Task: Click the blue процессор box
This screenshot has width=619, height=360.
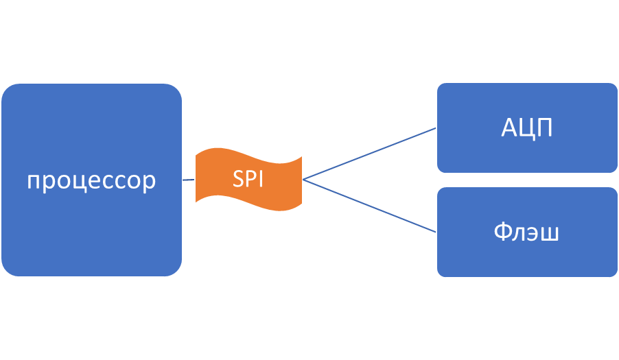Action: coord(91,226)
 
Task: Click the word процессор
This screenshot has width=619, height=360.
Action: coord(91,181)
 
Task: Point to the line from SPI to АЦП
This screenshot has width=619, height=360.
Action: coord(371,153)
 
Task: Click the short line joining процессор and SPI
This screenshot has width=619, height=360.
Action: coord(189,180)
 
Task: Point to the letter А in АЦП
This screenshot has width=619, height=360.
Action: coord(511,128)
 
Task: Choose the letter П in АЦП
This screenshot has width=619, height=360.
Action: coord(545,128)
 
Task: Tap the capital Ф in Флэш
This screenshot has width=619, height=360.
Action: coord(502,232)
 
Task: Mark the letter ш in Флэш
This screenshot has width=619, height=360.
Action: coord(549,234)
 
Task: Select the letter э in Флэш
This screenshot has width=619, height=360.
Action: coord(533,234)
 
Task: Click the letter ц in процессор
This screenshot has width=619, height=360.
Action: coord(76,182)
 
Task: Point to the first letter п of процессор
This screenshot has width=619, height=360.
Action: coord(34,182)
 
